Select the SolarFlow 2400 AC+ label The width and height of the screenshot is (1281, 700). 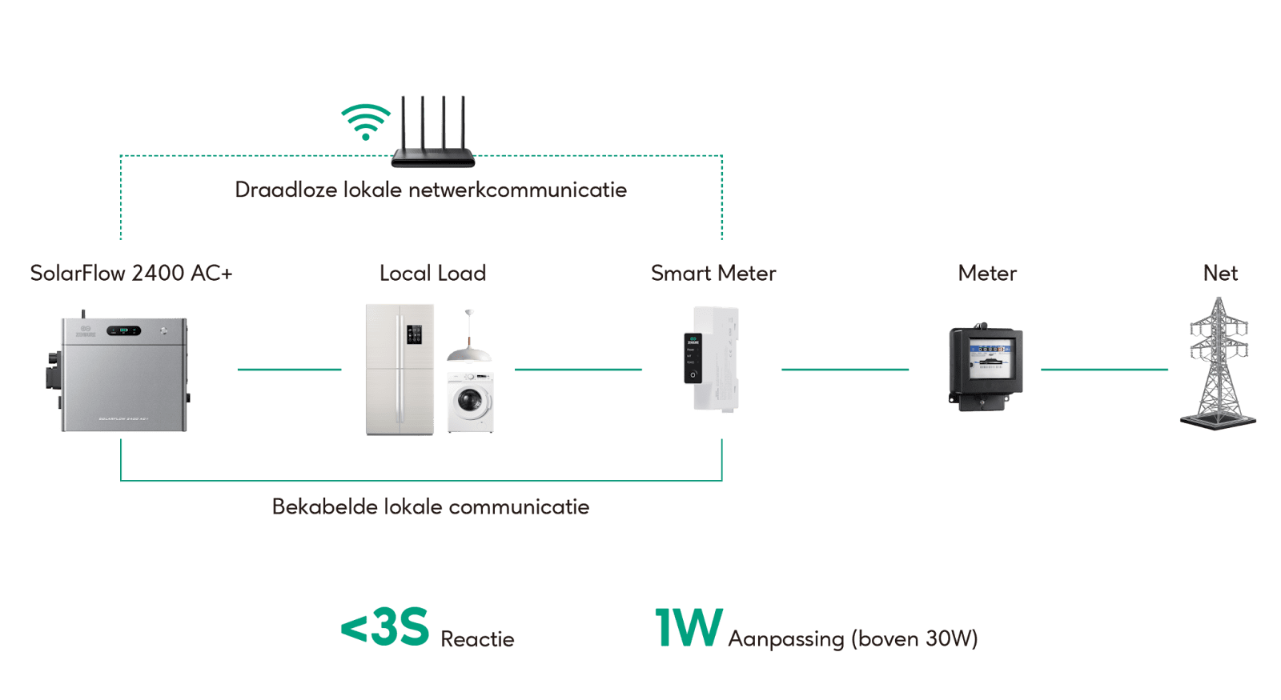(x=131, y=274)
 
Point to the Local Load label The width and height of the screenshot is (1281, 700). (x=432, y=274)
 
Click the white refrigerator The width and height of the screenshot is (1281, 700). (x=400, y=369)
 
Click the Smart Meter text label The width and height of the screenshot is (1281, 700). (x=713, y=274)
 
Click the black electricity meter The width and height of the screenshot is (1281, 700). (x=985, y=367)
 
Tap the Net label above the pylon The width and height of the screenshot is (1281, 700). (x=1220, y=274)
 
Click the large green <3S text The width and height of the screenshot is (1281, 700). (x=385, y=627)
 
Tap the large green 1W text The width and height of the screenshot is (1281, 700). (x=689, y=627)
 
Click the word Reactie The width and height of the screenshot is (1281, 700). (x=477, y=639)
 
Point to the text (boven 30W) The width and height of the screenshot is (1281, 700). (x=914, y=639)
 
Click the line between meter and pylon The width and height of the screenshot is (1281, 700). (x=1104, y=370)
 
